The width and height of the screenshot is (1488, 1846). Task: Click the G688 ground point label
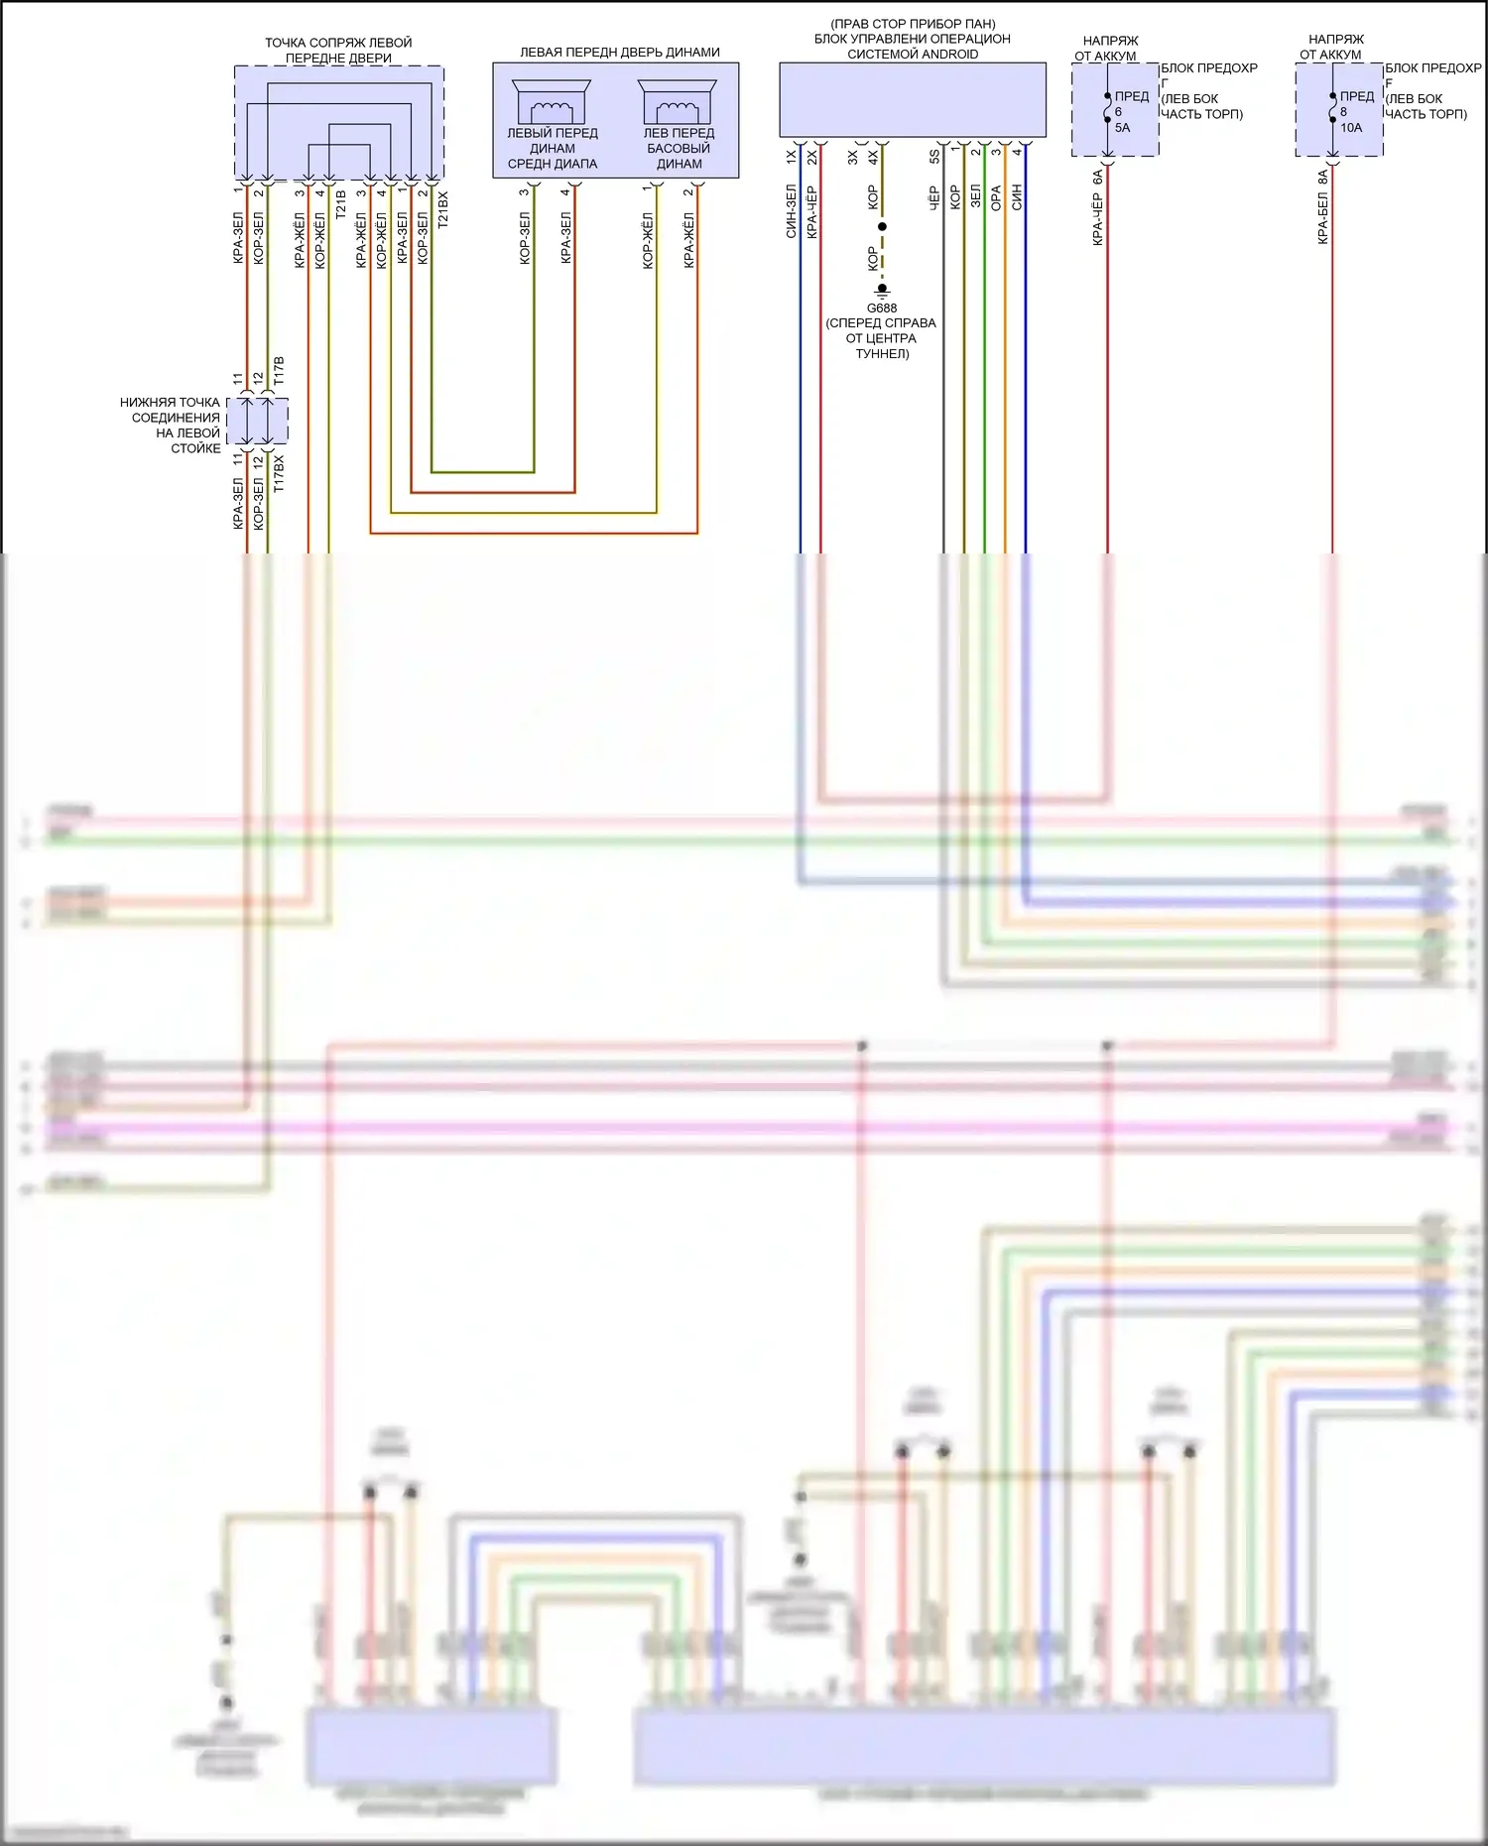tap(881, 308)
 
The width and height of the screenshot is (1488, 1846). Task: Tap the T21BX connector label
tap(442, 210)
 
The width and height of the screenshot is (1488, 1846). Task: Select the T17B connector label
tap(279, 371)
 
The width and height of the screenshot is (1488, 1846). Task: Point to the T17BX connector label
tap(279, 474)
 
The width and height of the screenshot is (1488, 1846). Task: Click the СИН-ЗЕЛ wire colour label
tap(791, 211)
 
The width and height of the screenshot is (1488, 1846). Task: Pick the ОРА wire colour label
tap(996, 198)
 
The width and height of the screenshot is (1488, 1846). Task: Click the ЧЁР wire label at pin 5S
tap(933, 198)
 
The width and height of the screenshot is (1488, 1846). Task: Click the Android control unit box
tap(912, 99)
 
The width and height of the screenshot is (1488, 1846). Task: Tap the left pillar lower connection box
tap(257, 422)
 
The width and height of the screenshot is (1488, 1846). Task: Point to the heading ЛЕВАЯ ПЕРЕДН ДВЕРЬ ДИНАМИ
tap(620, 53)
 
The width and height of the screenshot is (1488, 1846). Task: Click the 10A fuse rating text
tap(1351, 128)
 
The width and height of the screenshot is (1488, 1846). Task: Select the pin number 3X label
tap(852, 157)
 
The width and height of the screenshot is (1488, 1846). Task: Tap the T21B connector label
tap(340, 205)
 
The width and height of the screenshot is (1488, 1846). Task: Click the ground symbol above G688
tap(882, 291)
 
